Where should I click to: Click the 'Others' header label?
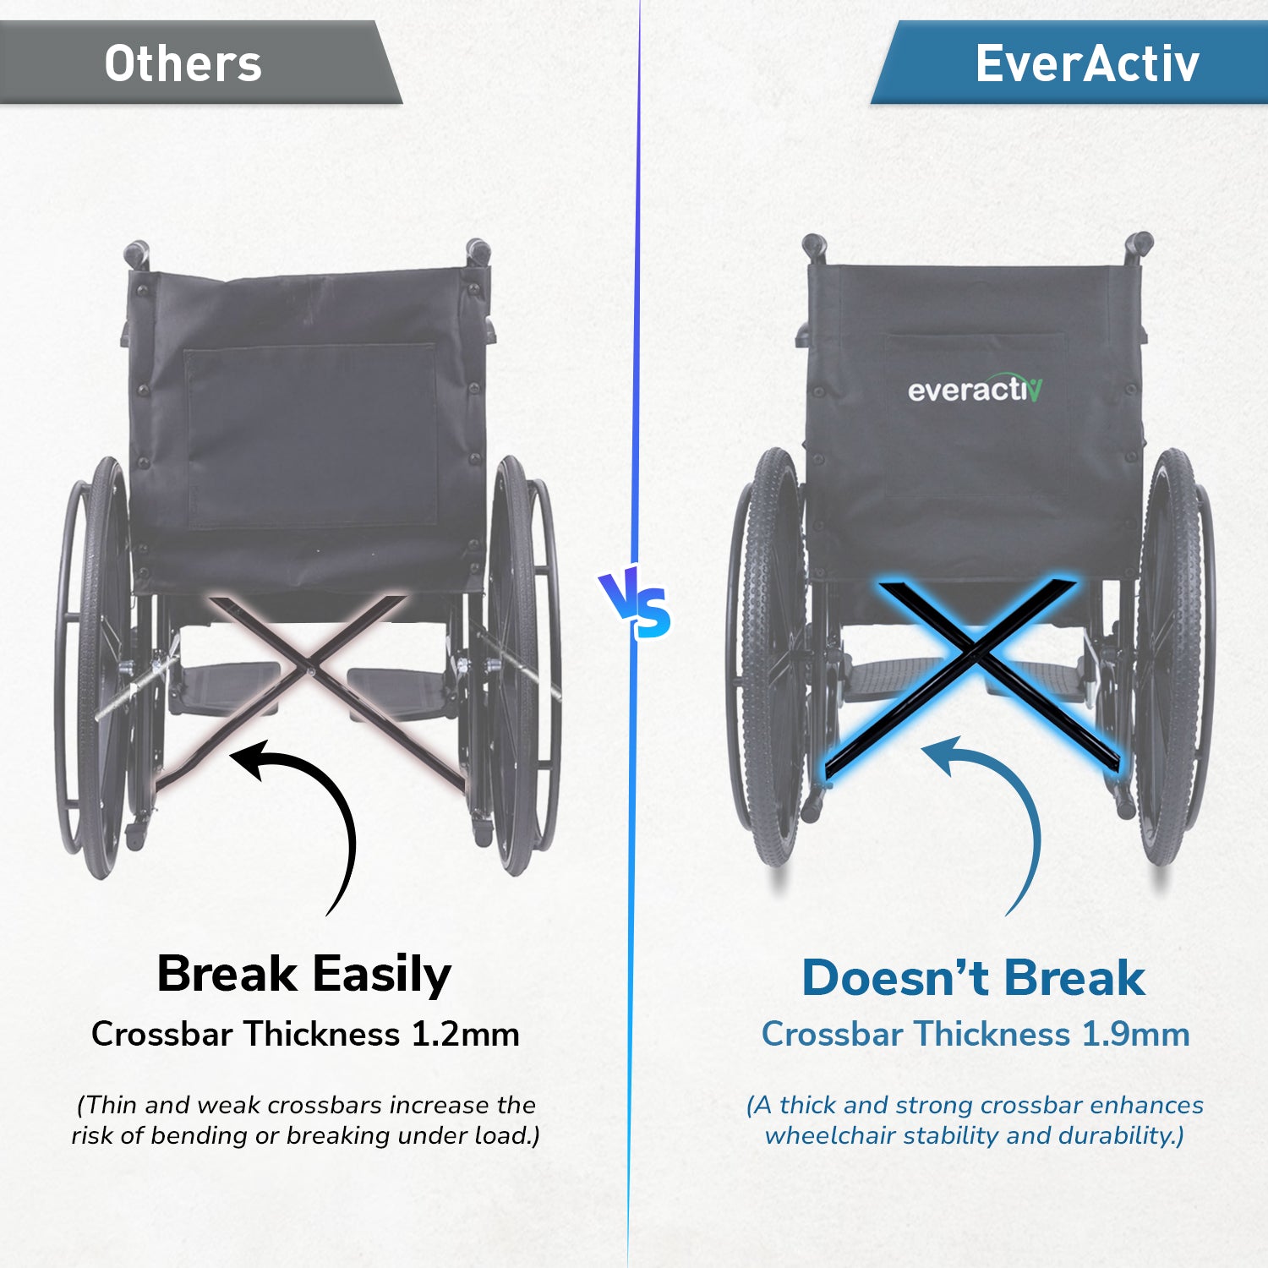[x=183, y=64]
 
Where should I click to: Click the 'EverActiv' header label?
[x=1087, y=63]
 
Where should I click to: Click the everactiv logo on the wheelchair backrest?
[x=975, y=389]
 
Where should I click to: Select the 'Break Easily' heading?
[x=304, y=975]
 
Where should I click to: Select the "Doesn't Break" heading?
[x=973, y=978]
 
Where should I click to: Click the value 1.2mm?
[x=465, y=1034]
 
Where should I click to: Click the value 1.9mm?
[x=1135, y=1034]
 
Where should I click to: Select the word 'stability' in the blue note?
[x=959, y=1135]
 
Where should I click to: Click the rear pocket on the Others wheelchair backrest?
[x=311, y=435]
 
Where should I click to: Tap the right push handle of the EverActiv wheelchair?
[x=1137, y=247]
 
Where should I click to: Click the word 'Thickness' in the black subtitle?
[x=322, y=1034]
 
